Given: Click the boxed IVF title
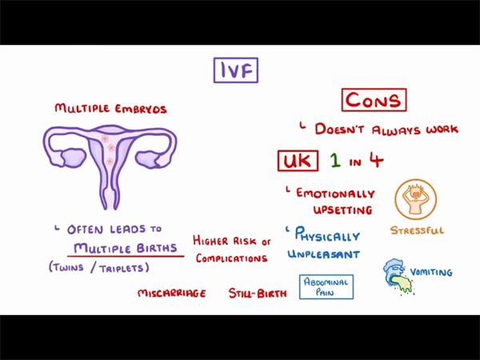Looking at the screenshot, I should point(236,70).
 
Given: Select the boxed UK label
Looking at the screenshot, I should point(298,161).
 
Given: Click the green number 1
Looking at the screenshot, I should point(335,161).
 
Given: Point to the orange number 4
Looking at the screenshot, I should point(376,160).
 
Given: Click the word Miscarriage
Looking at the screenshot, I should point(171,294).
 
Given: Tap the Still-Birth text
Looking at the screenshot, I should point(258,294).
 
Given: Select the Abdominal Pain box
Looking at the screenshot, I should point(326,287).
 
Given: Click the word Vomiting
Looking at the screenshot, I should point(431,272).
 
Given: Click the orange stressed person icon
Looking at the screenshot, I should point(416,200).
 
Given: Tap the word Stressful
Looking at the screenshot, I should point(417,231).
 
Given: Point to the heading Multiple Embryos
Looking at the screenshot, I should point(110,108).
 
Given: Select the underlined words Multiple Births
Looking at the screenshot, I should point(126,248).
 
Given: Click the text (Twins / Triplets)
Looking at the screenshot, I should point(98,267).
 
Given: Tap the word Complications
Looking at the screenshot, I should point(231,258).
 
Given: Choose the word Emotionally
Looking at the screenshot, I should point(335,194).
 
